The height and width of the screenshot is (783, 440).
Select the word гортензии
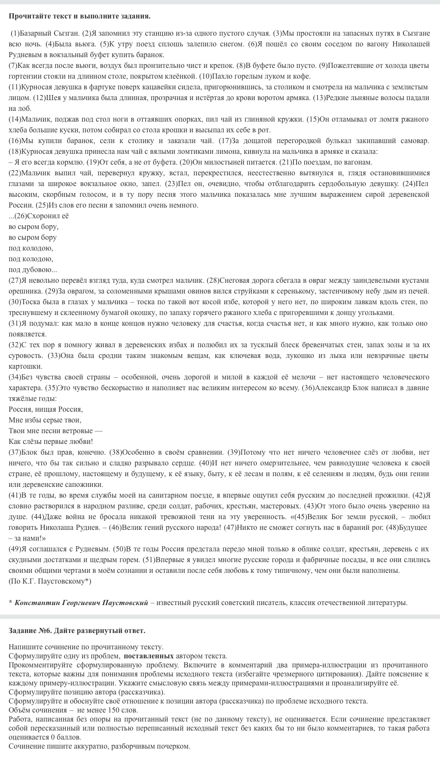23,76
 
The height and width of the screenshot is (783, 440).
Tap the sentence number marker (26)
20,216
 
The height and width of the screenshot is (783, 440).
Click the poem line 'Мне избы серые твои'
45,420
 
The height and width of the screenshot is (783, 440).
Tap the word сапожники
74,484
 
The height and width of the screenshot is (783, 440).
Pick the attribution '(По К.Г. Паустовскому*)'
50,581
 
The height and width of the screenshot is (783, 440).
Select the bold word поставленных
149,656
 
